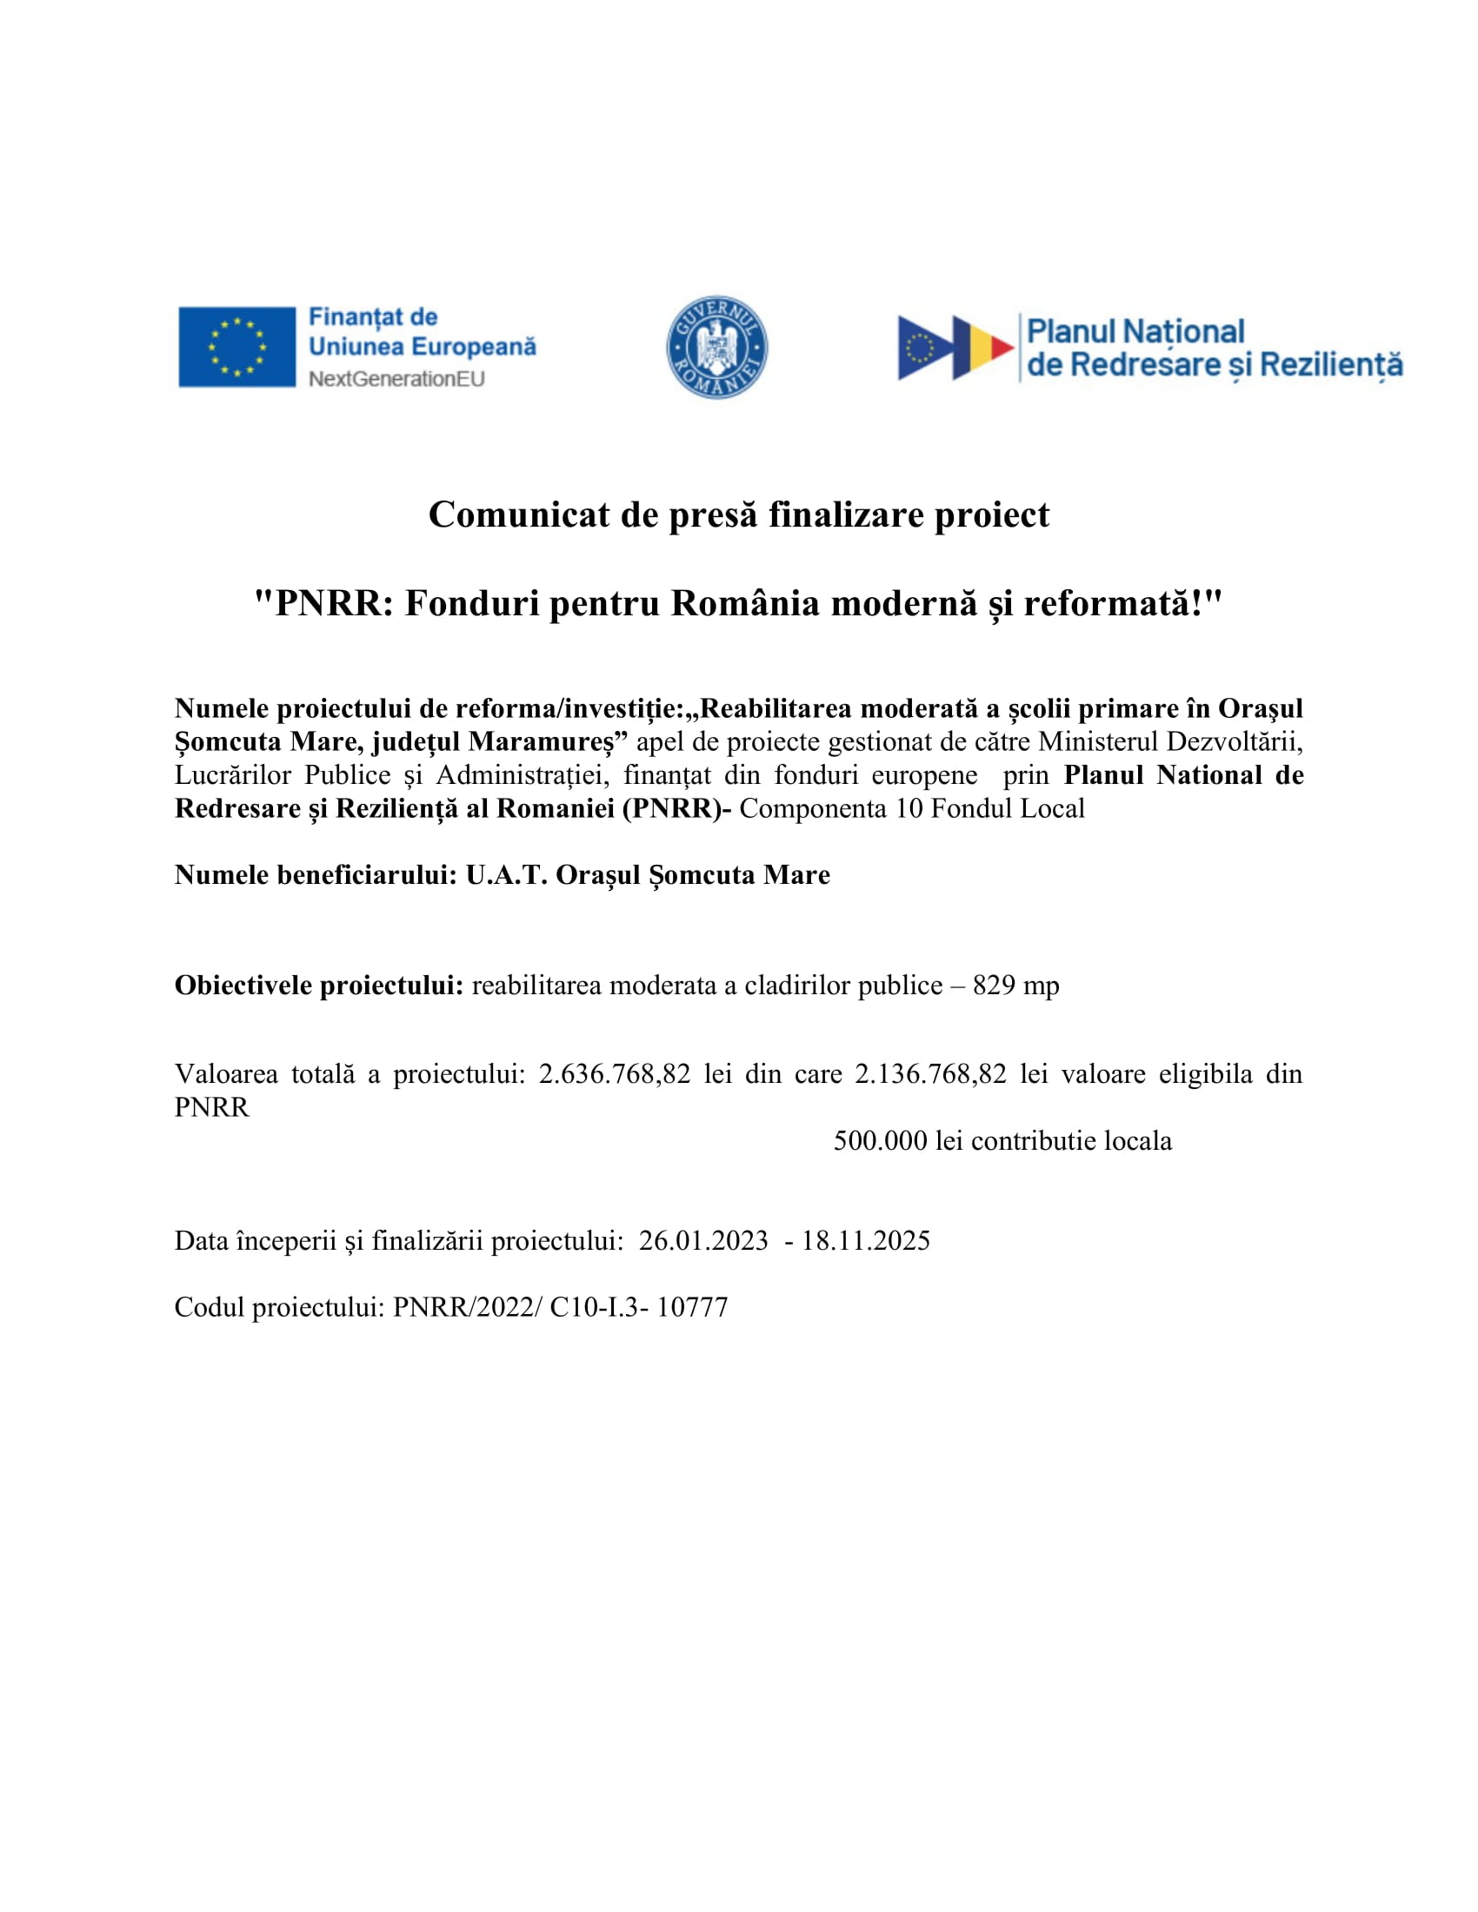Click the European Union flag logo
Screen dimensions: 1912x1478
point(236,347)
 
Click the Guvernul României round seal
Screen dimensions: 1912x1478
point(716,347)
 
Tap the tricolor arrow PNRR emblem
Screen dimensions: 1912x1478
point(955,348)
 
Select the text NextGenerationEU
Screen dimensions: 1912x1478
point(396,379)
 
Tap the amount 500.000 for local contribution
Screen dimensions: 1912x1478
point(879,1141)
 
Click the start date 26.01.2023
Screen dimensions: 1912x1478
point(703,1240)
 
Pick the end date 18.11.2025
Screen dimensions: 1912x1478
point(865,1240)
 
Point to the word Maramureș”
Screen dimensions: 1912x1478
point(548,742)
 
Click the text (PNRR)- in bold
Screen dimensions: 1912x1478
point(676,809)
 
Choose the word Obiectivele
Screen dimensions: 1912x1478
point(243,986)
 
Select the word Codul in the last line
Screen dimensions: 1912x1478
point(210,1307)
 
